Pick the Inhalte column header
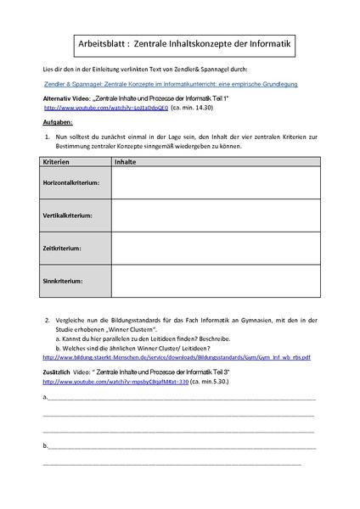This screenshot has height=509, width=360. pos(127,160)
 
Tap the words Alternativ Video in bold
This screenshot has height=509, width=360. pos(67,99)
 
